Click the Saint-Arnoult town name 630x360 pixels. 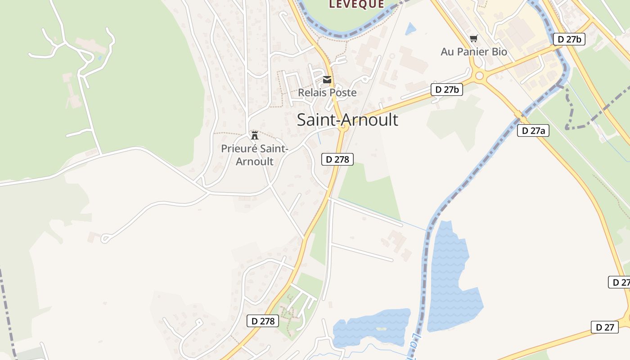347,120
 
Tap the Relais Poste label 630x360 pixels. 327,93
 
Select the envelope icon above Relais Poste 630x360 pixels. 327,80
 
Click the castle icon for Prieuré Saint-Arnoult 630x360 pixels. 255,135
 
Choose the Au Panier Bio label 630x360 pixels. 474,52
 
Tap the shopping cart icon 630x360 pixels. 473,38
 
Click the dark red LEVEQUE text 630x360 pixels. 357,4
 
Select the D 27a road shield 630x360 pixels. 533,130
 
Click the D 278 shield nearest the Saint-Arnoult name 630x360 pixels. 337,159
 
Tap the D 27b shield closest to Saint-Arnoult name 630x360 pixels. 447,90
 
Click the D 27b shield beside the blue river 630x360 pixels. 569,39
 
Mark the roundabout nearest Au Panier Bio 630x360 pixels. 479,76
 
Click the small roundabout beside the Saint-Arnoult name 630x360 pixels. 343,128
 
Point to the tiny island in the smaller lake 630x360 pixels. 381,329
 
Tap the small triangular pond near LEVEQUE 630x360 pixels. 410,29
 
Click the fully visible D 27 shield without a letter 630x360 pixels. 605,327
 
